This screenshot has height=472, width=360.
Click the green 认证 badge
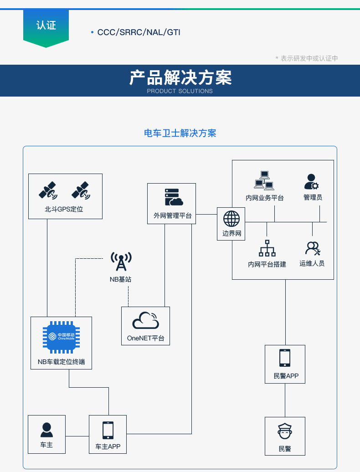click(46, 26)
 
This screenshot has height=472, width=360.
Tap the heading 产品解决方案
click(180, 78)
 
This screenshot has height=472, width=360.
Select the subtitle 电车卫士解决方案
click(180, 133)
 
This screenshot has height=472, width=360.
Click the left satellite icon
click(48, 190)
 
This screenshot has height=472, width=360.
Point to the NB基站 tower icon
click(121, 262)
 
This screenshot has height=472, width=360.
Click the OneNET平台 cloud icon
click(145, 321)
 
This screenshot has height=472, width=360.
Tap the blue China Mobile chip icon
click(62, 337)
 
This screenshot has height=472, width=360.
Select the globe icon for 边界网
click(231, 219)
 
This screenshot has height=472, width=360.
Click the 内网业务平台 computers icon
click(264, 180)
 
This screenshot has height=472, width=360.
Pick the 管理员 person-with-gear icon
click(312, 181)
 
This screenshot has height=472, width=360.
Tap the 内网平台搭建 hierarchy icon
click(267, 248)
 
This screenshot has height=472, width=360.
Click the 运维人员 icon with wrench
click(313, 248)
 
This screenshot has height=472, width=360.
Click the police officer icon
click(285, 431)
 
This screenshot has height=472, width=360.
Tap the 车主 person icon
click(46, 430)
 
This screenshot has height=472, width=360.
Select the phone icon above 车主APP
click(108, 430)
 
